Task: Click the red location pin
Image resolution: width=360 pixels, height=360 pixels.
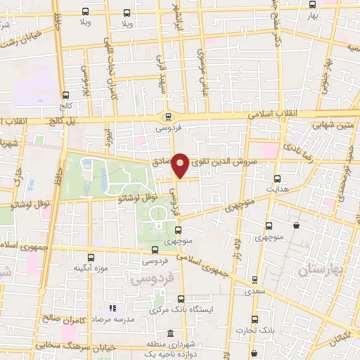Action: (180, 165)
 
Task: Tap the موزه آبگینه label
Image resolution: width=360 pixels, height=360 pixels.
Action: (90, 268)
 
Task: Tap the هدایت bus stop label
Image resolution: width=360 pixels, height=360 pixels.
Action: (277, 189)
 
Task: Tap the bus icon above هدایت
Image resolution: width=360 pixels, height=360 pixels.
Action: (277, 179)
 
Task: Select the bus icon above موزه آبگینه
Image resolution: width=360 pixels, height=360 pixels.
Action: (90, 257)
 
